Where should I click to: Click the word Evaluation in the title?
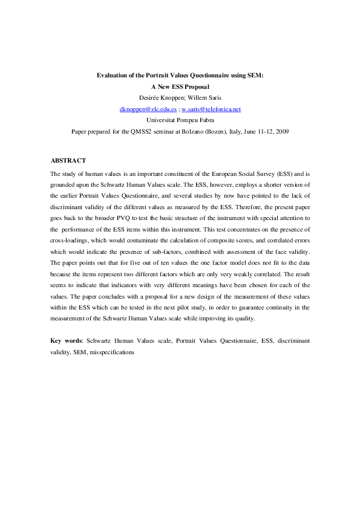tap(114, 76)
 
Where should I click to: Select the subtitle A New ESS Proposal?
tap(180, 86)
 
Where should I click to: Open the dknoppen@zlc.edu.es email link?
tap(148, 109)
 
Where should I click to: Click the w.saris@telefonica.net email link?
tap(211, 109)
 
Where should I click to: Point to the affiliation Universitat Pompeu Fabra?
tap(180, 120)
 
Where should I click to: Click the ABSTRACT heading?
tap(68, 160)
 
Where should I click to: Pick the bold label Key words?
tap(66, 340)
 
